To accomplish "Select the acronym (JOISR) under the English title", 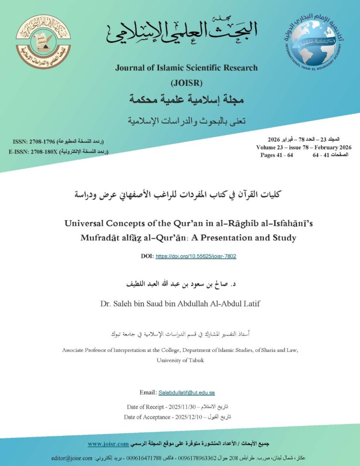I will pyautogui.click(x=186, y=83).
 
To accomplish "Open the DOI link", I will pyautogui.click(x=196, y=256).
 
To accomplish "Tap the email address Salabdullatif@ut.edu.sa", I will pyautogui.click(x=186, y=392).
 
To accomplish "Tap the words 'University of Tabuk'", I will pyautogui.click(x=180, y=360).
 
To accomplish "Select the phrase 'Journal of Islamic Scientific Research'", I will pyautogui.click(x=186, y=68).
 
